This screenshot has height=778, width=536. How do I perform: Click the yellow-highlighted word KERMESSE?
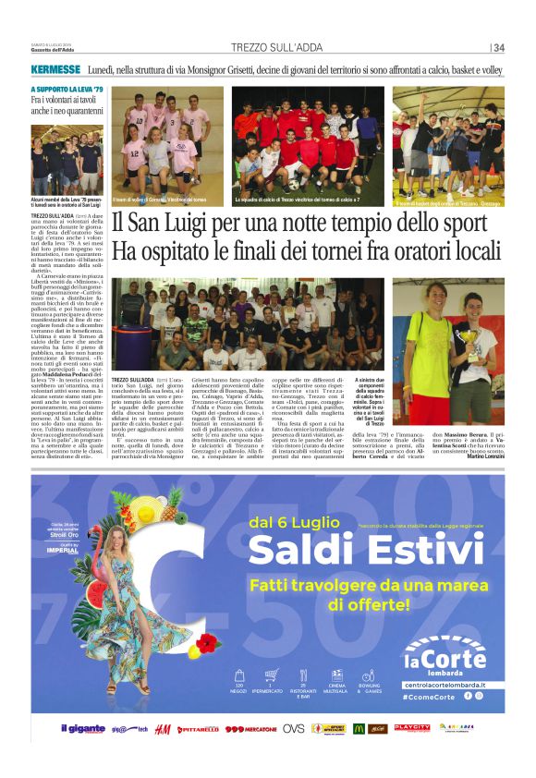click(55, 70)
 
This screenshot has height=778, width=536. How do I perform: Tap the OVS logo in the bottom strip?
click(293, 729)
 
